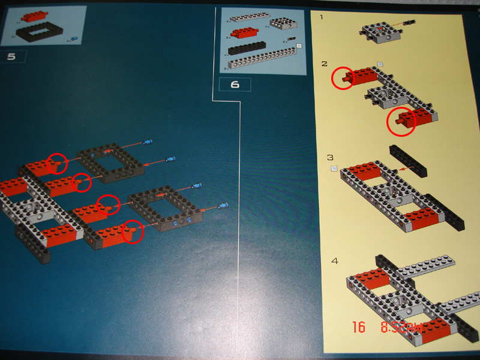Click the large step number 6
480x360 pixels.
tap(235, 84)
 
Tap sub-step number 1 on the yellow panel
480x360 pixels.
tap(322, 17)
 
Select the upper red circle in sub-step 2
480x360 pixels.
tap(343, 78)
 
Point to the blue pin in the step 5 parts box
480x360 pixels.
tap(74, 38)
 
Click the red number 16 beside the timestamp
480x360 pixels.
tap(359, 328)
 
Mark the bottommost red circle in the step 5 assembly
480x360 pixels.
tap(133, 232)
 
